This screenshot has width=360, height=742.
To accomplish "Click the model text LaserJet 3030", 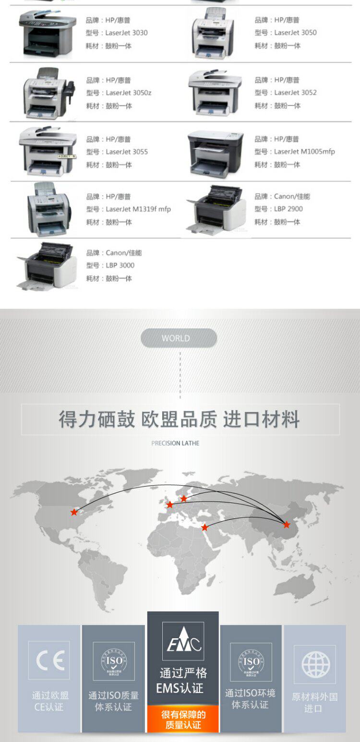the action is coord(126,33).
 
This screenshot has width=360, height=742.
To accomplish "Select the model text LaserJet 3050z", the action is coord(128,93).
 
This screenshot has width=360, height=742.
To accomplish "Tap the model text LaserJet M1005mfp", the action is coord(304,152).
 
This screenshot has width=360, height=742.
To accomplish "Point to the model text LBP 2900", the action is coord(288,209).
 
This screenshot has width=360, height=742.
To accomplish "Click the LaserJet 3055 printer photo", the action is coord(47,150).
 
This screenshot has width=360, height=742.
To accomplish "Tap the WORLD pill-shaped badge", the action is coord(179,338).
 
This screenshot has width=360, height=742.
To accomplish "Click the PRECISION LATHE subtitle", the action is coord(175,443).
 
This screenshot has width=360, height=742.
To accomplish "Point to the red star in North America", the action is coord(74,512).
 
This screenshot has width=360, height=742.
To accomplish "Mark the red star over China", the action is coord(287,525).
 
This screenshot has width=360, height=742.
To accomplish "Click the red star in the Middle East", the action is coord(204,527).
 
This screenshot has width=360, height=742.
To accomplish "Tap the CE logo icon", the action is coord(49,660).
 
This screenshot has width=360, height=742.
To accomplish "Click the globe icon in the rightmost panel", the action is coord(315,664).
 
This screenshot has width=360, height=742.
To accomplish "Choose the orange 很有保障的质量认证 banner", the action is coord(183,719).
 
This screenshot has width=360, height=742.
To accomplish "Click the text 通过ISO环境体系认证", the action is coord(250,699).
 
